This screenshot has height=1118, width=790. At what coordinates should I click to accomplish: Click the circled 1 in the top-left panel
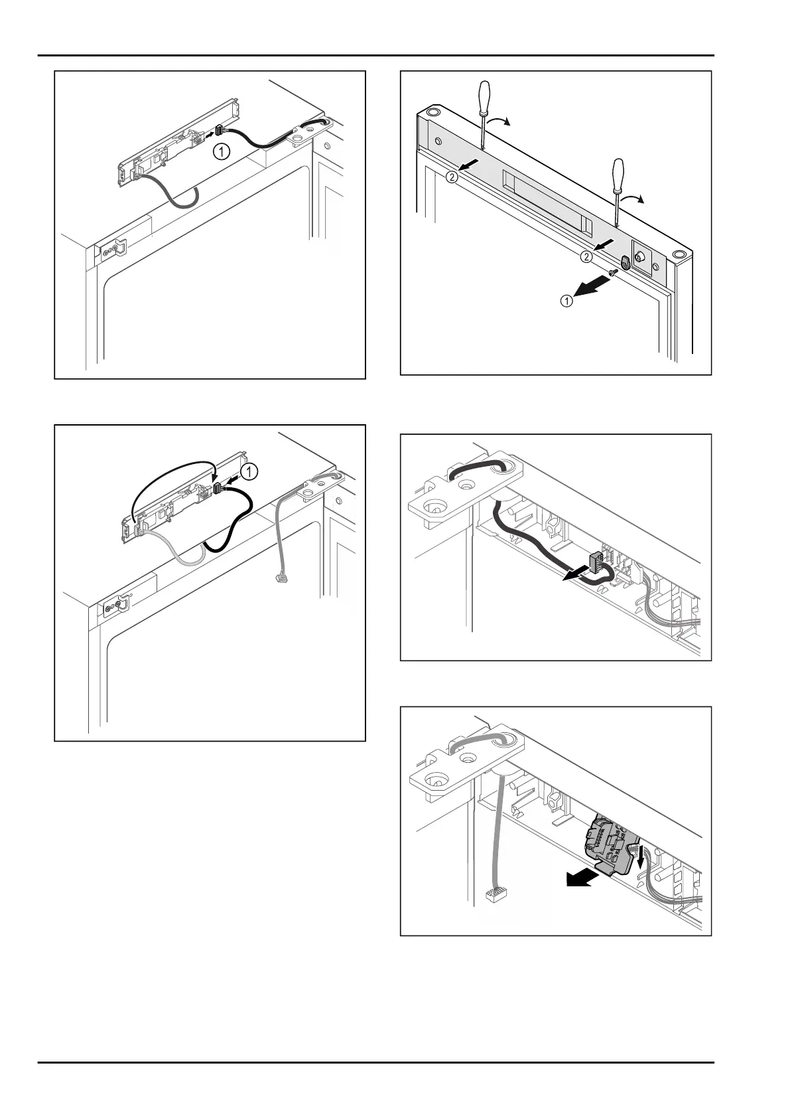222,151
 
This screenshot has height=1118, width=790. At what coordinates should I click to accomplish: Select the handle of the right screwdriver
620,173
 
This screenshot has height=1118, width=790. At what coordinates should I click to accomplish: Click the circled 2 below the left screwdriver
452,177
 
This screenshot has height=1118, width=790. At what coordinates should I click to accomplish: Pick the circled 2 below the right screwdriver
585,256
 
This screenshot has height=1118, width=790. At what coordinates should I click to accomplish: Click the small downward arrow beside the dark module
640,860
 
